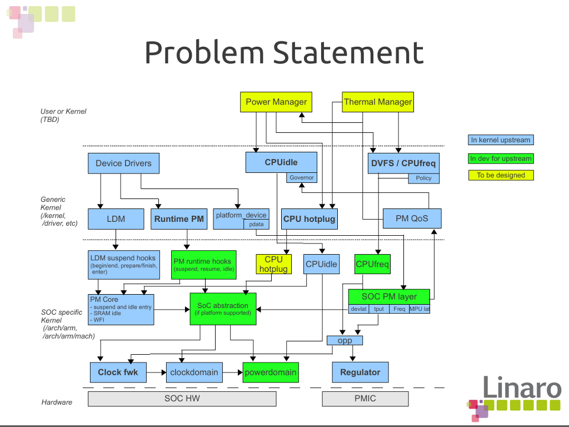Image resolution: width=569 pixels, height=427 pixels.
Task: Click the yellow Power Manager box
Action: pos(276,102)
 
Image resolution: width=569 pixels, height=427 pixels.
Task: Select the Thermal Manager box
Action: pos(378,102)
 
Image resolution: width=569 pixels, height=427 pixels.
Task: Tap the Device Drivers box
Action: pos(123,163)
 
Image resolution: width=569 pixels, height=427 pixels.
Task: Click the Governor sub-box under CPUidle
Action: pos(302,178)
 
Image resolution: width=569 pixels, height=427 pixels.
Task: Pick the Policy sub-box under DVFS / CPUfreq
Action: pos(423,178)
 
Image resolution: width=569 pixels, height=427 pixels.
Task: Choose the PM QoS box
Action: pos(412,219)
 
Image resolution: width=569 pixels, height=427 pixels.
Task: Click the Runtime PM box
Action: pos(179,219)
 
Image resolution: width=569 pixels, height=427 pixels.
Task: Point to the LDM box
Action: pos(116,219)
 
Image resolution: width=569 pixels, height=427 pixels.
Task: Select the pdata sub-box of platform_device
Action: pos(256,224)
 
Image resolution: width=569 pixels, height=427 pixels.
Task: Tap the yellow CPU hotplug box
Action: pos(273,264)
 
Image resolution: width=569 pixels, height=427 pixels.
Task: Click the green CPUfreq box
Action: pos(372,264)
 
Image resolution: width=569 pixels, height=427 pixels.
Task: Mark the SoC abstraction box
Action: pos(223,309)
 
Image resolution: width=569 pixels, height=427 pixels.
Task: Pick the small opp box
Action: pos(345,340)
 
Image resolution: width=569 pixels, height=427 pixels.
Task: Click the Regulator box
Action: pos(360,372)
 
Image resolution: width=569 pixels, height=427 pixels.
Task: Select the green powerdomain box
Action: pos(271,372)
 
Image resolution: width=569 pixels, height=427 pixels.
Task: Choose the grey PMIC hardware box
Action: pos(365,399)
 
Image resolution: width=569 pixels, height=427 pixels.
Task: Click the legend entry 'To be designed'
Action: pos(501,175)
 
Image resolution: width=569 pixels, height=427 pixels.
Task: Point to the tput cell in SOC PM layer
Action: pos(378,309)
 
